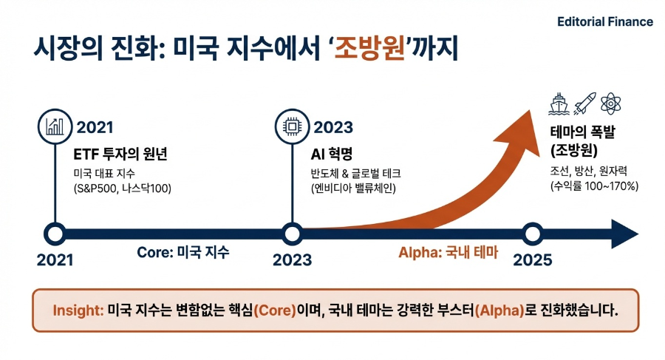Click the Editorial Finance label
click(604, 21)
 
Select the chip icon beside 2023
click(291, 126)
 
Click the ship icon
click(559, 103)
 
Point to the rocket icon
click(584, 103)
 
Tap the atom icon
click(610, 103)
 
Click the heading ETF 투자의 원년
click(120, 154)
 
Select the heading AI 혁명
click(332, 154)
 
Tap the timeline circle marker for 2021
click(55, 234)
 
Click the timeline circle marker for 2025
click(532, 234)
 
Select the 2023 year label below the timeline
click(292, 260)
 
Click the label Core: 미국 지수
click(183, 252)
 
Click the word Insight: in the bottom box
click(78, 310)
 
